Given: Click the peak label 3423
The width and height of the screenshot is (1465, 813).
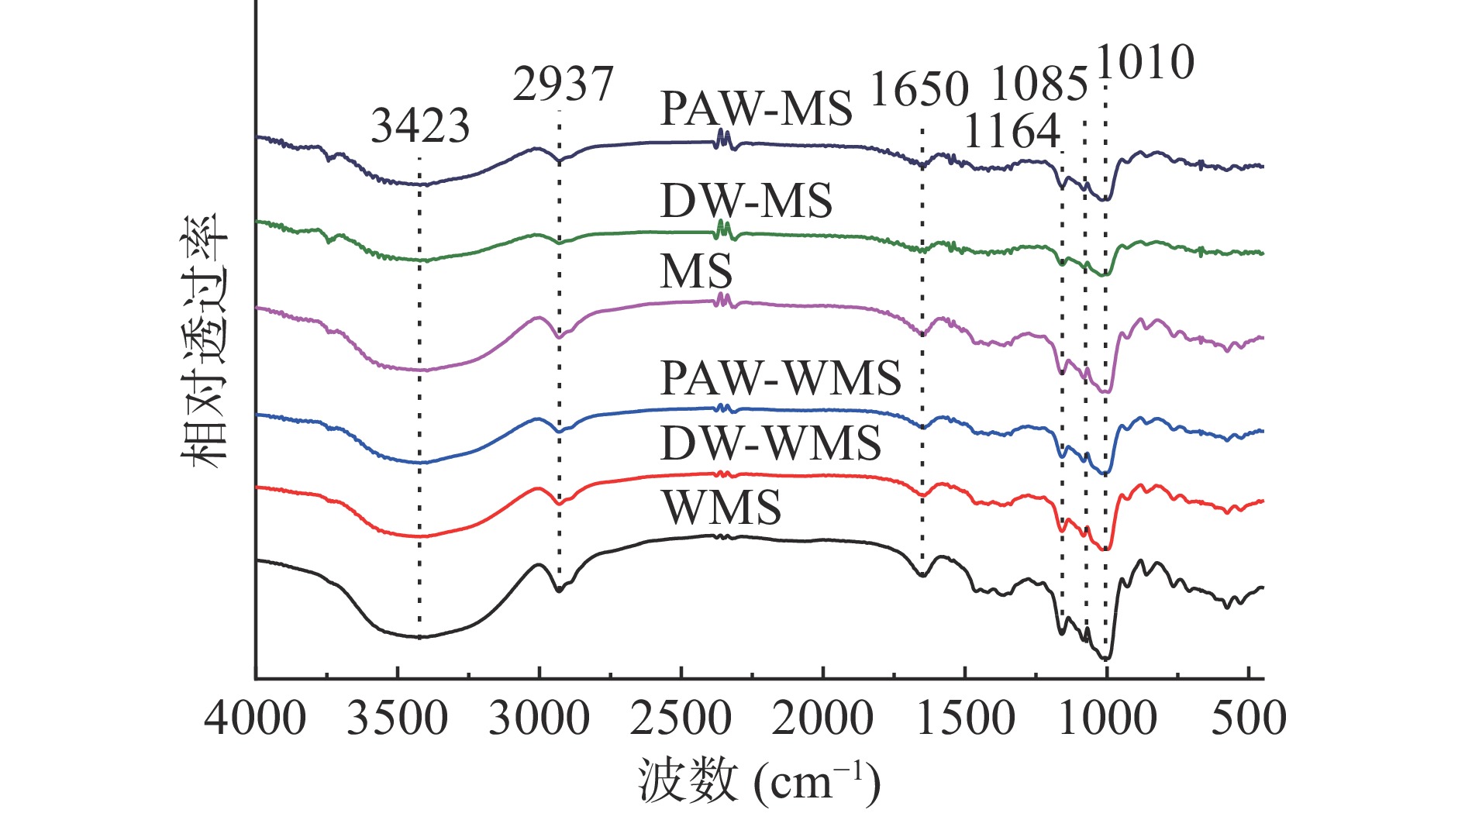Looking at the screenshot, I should [420, 126].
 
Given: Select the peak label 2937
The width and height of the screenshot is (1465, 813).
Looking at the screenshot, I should [563, 84].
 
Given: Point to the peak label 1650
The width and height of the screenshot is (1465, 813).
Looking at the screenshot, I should [919, 88].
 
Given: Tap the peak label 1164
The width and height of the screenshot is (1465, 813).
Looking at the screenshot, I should [1012, 131].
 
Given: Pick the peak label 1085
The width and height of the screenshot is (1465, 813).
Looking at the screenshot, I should [1039, 84].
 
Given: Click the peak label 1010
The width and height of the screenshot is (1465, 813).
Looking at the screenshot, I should [1145, 63].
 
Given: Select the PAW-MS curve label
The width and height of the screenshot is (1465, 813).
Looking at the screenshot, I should [756, 109].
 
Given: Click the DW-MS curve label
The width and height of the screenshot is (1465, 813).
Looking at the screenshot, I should [746, 201].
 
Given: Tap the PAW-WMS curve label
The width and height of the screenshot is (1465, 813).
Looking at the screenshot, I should [780, 378].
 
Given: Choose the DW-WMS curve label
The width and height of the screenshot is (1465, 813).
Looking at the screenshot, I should [770, 443].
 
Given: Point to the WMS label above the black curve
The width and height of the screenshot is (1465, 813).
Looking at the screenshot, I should [721, 508].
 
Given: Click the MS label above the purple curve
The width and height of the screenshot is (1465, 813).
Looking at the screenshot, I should [696, 272].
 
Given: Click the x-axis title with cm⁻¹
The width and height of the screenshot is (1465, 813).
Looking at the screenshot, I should [759, 781].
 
